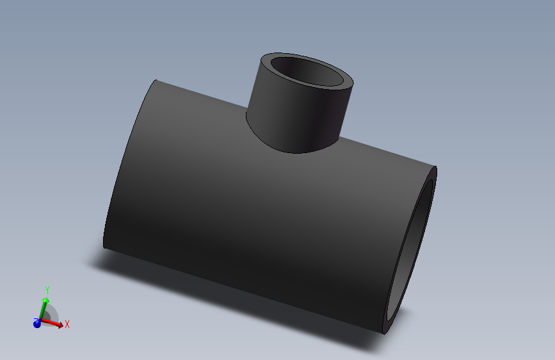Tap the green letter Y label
click(47, 291)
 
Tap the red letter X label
click(67, 324)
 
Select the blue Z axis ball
click(37, 323)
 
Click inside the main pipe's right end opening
click(413, 256)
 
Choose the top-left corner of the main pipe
click(156, 81)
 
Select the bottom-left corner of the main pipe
click(104, 247)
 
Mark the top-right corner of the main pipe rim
click(435, 167)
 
